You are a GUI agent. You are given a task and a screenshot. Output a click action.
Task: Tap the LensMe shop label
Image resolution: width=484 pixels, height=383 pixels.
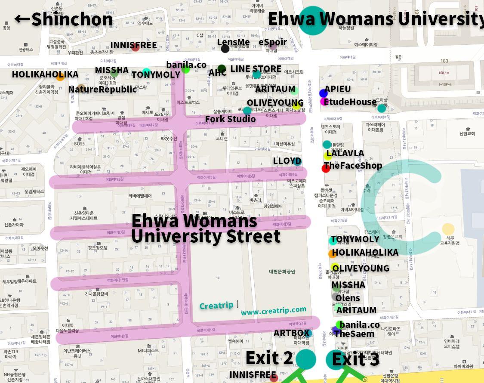coord(233,42)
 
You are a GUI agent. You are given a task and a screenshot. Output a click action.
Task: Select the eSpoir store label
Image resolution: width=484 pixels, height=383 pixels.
coord(273,42)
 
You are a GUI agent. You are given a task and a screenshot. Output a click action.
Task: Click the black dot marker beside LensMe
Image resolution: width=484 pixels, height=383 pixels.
coord(225,49)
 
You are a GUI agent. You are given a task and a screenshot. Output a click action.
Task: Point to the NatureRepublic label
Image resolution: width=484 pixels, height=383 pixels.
coord(102,89)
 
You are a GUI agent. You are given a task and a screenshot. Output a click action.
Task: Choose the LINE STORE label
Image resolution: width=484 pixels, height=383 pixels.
coord(256,69)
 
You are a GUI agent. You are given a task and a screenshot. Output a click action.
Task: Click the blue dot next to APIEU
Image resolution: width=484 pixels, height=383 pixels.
coord(324,93)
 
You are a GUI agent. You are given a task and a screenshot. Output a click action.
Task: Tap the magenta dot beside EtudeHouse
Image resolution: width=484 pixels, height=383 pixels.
coord(324,102)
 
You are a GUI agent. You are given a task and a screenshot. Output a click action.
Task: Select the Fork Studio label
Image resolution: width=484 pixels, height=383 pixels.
coord(230,119)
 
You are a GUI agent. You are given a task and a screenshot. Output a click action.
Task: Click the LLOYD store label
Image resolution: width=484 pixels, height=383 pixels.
coord(287,161)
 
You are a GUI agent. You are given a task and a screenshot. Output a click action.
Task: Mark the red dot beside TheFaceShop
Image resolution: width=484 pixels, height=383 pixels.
coord(326,168)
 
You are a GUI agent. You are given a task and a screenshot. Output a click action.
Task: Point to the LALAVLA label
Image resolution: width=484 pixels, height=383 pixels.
coord(345,153)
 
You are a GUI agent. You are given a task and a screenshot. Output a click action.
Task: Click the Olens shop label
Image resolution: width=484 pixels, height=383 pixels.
coord(348,298)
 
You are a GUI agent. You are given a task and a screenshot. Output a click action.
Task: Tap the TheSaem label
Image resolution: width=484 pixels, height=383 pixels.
coord(354,334)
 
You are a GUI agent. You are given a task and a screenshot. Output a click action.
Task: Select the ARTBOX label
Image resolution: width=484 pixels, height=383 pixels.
coord(292,333)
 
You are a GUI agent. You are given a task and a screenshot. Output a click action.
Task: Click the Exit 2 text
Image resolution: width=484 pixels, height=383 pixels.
coord(269,358)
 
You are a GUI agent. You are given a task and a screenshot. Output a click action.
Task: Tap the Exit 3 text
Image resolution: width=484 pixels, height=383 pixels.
coord(356,359)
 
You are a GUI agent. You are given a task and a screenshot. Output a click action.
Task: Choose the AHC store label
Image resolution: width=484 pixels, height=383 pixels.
coord(217,73)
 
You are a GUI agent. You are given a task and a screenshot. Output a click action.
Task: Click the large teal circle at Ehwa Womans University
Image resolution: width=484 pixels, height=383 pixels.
coord(313,20)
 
